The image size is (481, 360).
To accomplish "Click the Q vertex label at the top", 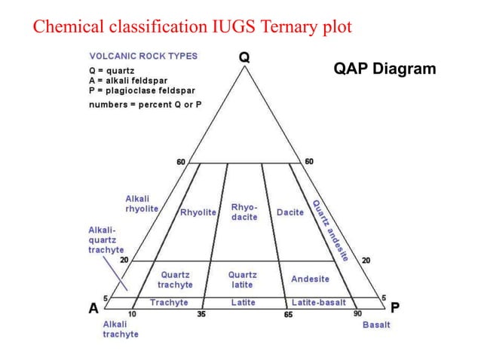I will [x=244, y=56].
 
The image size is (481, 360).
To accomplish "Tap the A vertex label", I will [x=93, y=307].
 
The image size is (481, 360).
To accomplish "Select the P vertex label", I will [x=395, y=307].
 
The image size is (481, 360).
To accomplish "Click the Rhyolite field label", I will [x=198, y=212].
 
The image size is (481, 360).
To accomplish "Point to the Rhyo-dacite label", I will [x=244, y=212].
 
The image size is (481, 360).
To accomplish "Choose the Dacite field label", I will [x=290, y=212].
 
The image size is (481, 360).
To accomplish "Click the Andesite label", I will [x=310, y=279].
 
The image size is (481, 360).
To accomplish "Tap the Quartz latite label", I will [x=243, y=280].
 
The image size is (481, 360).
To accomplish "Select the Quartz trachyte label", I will [x=175, y=280].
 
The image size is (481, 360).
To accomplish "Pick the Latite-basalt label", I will [x=319, y=302].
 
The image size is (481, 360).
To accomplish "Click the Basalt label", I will [x=376, y=325].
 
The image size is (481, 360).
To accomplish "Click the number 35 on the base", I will [x=201, y=314].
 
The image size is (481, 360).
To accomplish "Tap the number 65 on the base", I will [x=287, y=314].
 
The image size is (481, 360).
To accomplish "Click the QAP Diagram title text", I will [x=384, y=69].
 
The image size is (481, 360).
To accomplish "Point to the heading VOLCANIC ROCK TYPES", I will [x=144, y=56].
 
